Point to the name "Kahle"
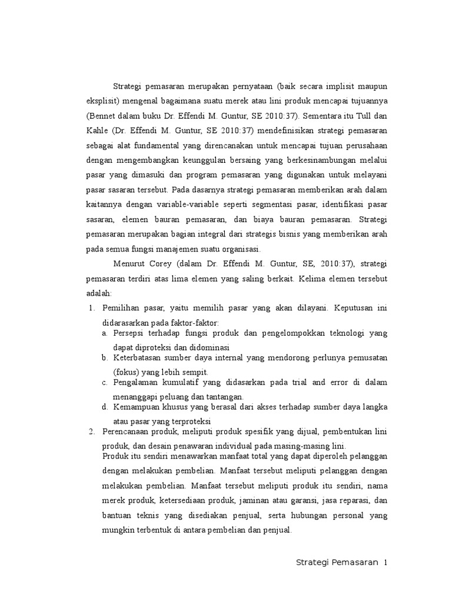tap(97, 129)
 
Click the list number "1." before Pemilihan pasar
tap(91, 307)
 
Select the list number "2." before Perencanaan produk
tap(91, 432)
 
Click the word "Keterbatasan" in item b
tap(137, 357)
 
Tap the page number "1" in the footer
tap(385, 563)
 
